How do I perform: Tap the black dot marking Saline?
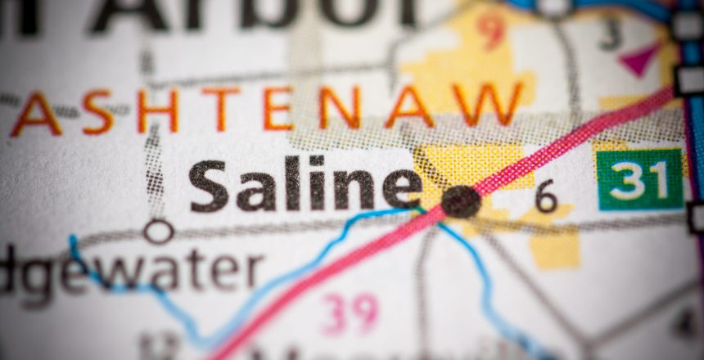coord(461,201)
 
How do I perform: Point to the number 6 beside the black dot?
coord(547,196)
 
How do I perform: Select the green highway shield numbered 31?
coord(639,179)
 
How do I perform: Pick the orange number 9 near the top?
coord(491,30)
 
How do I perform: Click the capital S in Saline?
coord(209,186)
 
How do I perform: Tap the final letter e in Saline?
coord(402,187)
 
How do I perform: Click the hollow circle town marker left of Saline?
coord(158,232)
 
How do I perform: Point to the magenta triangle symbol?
coord(639,59)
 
